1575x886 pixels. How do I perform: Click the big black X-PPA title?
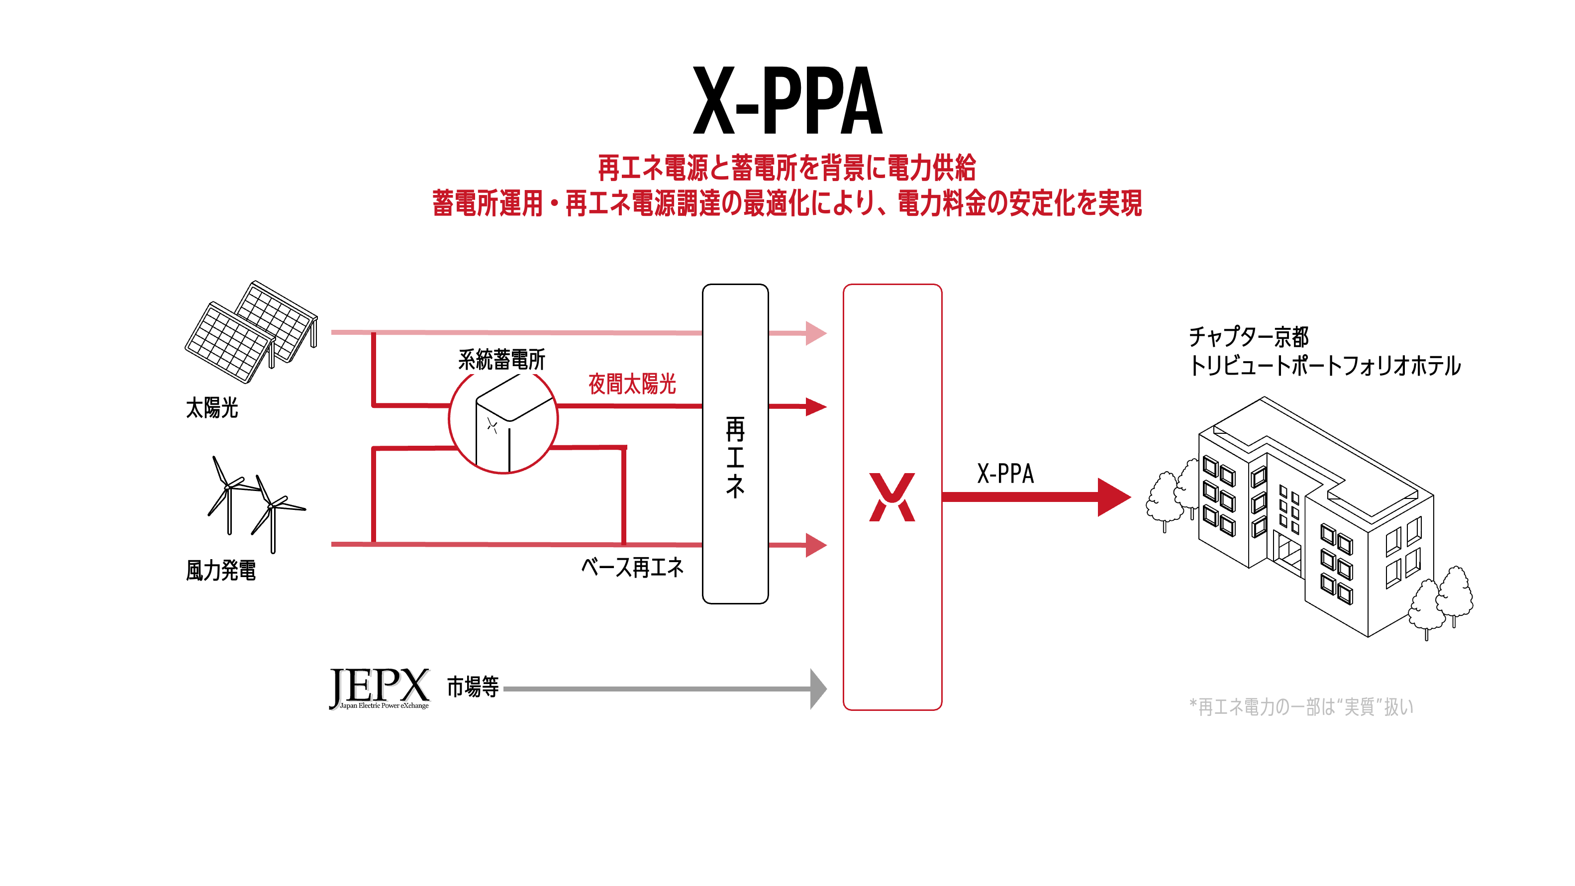coord(787,101)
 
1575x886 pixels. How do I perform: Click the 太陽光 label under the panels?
coord(211,408)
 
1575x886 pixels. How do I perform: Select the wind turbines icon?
coord(256,504)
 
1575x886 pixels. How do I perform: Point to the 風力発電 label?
coord(221,571)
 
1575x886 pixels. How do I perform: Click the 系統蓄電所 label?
coord(501,360)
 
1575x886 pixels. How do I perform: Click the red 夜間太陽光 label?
coord(632,384)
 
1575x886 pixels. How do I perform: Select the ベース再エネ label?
coord(632,568)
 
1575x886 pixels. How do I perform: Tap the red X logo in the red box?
coord(892,497)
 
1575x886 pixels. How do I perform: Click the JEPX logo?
coord(379,688)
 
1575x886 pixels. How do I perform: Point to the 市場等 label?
coord(473,687)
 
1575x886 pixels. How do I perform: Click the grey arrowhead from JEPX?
coord(817,689)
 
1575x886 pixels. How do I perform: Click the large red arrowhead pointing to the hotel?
coord(1113,497)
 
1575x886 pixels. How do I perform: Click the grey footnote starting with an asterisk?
coord(1301,707)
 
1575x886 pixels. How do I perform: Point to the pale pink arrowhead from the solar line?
coord(816,333)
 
